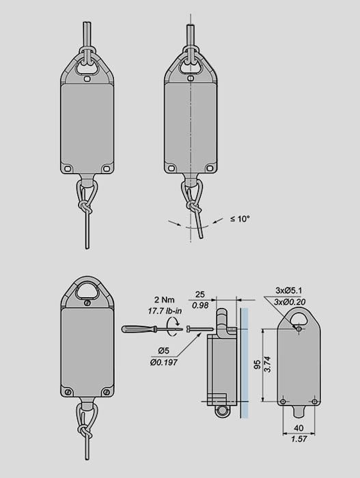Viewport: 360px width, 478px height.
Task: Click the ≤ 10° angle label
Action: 240,219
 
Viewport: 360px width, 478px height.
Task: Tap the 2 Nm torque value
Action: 164,300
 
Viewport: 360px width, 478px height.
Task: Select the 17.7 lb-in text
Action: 165,311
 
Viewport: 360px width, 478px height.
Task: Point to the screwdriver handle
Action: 135,329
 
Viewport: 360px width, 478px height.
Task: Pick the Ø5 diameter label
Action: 163,351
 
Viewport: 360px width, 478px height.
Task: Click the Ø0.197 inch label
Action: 163,363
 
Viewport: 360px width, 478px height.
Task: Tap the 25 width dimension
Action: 200,294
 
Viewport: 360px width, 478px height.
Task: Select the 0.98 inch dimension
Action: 200,305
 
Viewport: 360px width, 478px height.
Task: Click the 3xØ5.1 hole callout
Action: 288,290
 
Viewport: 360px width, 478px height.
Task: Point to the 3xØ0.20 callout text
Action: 290,302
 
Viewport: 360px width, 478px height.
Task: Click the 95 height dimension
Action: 258,365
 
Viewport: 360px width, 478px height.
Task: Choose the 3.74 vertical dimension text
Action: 267,364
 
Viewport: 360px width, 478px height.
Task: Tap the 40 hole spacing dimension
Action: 299,428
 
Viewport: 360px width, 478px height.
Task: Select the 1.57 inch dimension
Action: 299,438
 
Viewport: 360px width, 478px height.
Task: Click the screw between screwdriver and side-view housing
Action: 199,328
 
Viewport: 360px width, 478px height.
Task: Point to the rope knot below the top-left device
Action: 85,208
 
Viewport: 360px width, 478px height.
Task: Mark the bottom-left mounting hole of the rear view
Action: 283,402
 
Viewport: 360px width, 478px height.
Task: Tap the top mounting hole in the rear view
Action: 299,329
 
